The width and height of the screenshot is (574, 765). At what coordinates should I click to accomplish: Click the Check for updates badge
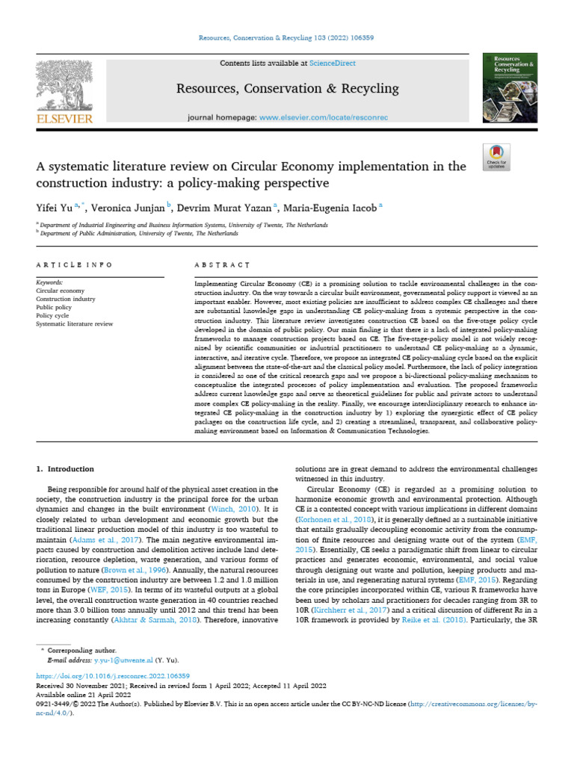tap(496, 154)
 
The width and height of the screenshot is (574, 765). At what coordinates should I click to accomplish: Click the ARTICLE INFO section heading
tap(74, 265)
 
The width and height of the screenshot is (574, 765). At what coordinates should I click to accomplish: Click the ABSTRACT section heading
tap(222, 265)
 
